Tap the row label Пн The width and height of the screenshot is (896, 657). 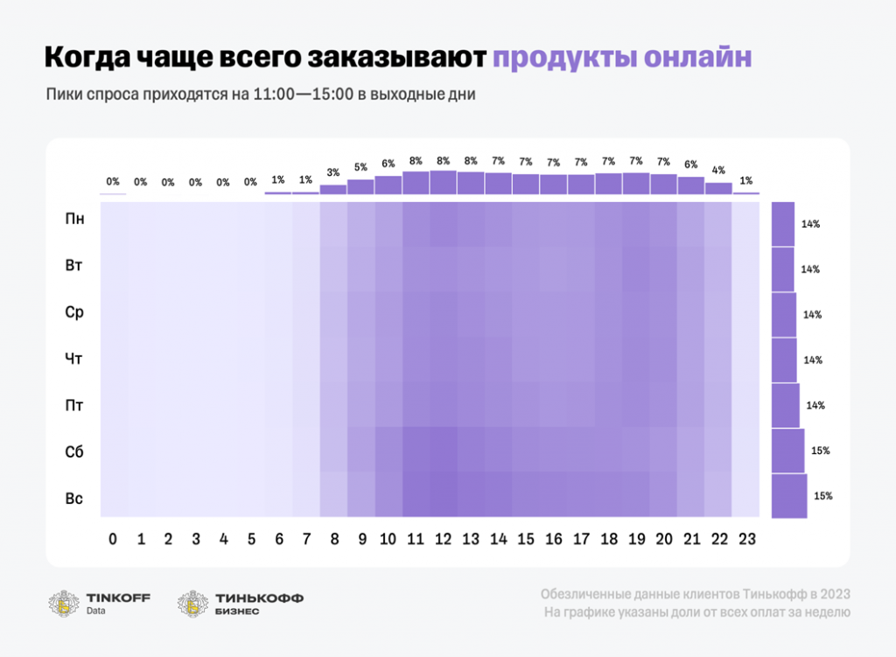(75, 219)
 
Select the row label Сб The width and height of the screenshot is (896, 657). (75, 452)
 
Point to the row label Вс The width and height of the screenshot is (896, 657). (75, 499)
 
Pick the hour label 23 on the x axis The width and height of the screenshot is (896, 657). (745, 540)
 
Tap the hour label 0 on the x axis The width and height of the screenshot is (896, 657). (113, 540)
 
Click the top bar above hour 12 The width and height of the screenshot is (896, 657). (443, 182)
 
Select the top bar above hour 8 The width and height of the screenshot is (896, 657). (333, 189)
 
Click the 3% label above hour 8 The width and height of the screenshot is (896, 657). (333, 173)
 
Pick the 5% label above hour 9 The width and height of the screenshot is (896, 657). (360, 167)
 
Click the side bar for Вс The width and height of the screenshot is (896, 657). (789, 496)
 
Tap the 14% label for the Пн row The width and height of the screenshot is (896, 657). (810, 224)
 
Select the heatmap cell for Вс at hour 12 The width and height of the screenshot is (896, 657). (443, 495)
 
